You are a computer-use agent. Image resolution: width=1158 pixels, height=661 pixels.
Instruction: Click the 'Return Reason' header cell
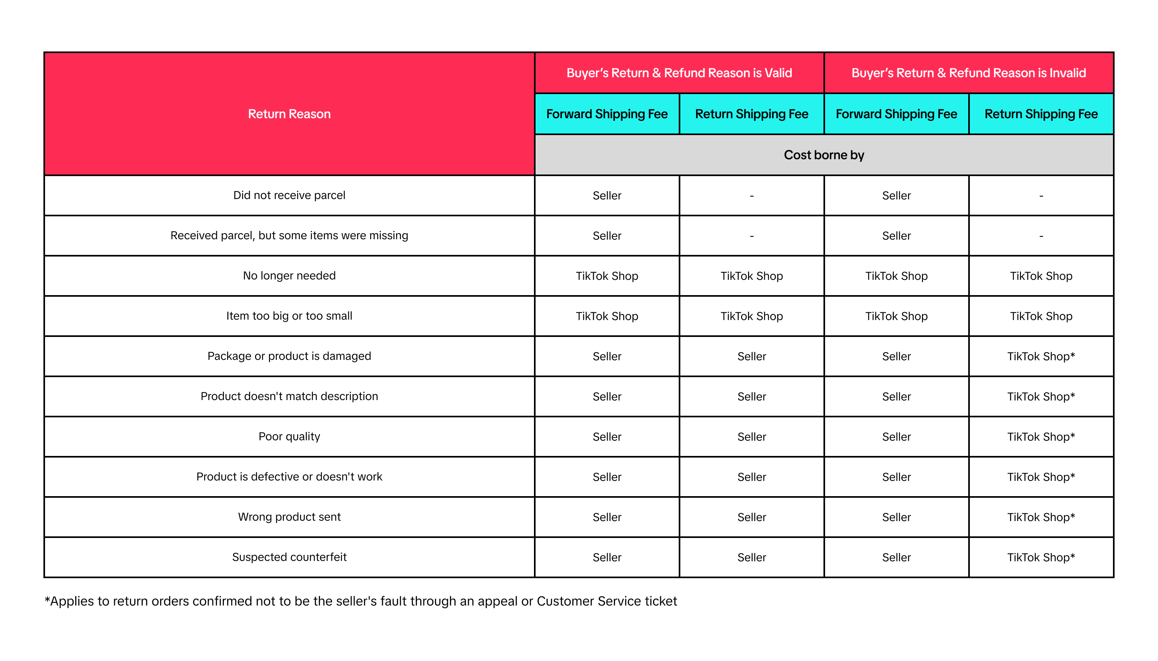point(289,114)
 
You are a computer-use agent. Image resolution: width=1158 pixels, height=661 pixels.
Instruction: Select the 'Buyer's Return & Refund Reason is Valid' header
point(679,73)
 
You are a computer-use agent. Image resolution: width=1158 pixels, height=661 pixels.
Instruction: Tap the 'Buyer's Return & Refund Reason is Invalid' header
point(968,73)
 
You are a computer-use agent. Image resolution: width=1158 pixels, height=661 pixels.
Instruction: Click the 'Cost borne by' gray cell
point(823,155)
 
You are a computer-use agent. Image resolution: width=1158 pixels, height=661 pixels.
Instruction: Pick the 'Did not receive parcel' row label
point(289,195)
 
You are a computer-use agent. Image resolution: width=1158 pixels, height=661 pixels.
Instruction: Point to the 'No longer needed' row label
point(289,275)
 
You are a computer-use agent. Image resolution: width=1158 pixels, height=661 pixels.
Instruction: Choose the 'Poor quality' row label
point(289,436)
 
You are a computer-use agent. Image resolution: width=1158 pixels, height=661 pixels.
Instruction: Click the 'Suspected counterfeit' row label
point(289,557)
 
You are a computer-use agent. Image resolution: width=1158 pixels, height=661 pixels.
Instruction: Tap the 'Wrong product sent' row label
point(289,517)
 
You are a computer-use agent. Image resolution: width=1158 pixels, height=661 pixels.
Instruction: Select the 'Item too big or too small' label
point(289,316)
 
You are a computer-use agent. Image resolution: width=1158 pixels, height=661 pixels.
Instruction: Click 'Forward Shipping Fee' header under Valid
point(606,114)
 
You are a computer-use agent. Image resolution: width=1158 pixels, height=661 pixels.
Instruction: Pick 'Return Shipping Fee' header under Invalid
point(1041,114)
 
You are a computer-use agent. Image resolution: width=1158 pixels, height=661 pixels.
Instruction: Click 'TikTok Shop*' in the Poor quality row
point(1041,437)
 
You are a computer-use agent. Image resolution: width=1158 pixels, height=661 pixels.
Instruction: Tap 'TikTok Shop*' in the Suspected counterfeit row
point(1041,558)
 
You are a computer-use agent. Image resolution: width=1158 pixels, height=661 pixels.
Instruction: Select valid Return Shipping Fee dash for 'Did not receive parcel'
point(752,196)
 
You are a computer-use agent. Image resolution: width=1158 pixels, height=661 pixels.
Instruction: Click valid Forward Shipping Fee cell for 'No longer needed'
point(606,276)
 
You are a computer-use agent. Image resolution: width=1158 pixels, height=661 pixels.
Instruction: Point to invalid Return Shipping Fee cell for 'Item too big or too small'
point(1041,316)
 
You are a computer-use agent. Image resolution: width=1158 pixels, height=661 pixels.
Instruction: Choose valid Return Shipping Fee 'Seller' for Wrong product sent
point(752,517)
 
